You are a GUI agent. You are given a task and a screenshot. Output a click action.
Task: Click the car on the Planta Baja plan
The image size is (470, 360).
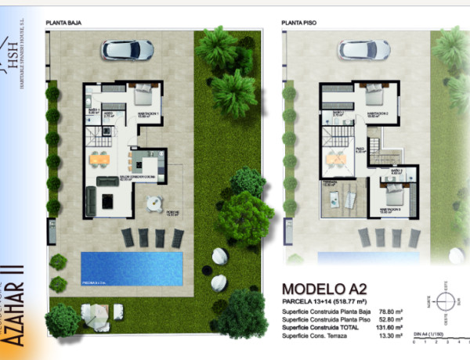tap(127, 49)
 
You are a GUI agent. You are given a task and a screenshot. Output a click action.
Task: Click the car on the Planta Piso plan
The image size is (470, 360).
tap(363, 49)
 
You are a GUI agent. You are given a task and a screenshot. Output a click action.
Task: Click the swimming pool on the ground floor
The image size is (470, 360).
tap(132, 268)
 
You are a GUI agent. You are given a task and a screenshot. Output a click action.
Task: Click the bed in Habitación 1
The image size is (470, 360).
tap(145, 95)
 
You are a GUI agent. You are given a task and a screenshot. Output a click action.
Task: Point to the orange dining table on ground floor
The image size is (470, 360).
tap(99, 160)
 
